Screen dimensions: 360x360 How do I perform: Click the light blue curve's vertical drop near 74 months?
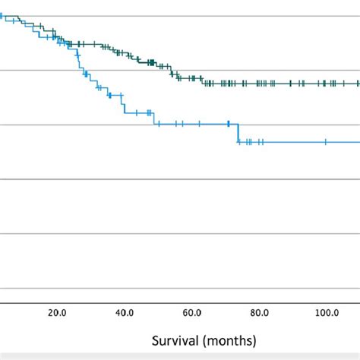238,133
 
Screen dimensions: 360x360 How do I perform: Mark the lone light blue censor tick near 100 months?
326,141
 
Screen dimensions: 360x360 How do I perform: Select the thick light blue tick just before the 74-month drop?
229,124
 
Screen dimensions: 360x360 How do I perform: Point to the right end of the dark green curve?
358,83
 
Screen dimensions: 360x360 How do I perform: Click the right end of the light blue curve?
358,141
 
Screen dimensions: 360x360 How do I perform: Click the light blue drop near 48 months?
154,118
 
